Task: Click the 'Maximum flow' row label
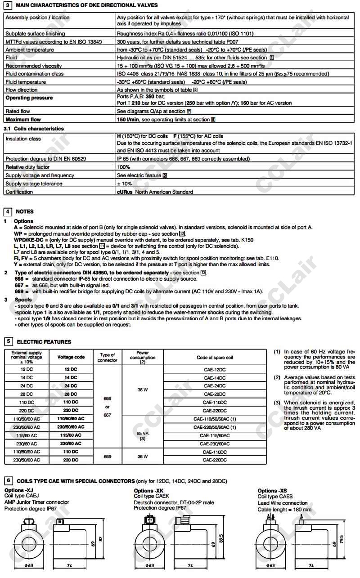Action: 23,120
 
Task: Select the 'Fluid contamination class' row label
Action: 35,74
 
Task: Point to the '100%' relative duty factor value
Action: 124,167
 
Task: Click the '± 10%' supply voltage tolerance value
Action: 125,184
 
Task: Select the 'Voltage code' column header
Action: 71,357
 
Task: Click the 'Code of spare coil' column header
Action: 215,358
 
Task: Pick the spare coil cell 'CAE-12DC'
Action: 215,370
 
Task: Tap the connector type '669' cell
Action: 107,456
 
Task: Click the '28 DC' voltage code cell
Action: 71,394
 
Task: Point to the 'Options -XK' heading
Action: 148,491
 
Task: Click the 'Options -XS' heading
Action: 272,491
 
